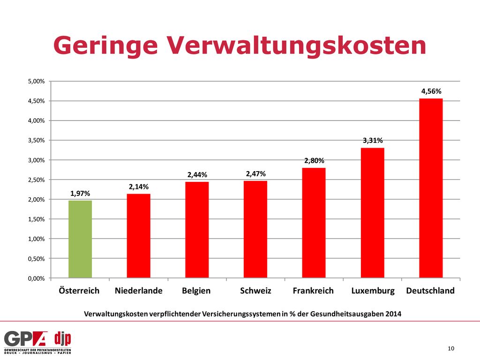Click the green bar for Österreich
click(80, 239)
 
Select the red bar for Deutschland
click(431, 188)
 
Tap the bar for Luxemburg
click(373, 213)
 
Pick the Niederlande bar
click(139, 236)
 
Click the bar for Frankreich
click(314, 223)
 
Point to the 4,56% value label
click(431, 91)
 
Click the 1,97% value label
click(80, 194)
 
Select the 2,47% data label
click(255, 174)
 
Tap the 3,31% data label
click(373, 141)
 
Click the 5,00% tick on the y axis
click(37, 82)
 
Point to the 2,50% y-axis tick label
click(37, 180)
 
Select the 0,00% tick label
click(37, 278)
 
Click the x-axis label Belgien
click(196, 291)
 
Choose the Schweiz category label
click(255, 291)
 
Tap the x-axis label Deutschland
click(430, 291)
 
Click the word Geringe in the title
click(105, 46)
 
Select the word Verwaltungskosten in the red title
click(296, 45)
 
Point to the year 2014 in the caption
click(393, 314)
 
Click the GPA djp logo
click(37, 343)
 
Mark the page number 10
click(451, 348)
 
